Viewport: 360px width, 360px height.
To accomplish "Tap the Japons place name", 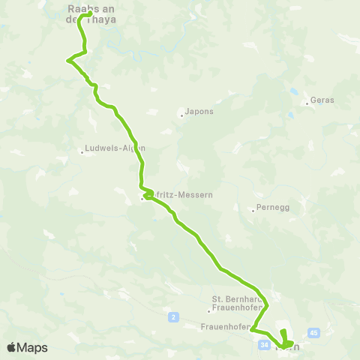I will click(x=198, y=112).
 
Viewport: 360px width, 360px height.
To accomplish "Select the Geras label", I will click(x=322, y=100).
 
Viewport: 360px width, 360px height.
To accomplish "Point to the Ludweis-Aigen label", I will click(x=115, y=148).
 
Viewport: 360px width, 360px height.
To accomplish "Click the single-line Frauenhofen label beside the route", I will click(x=224, y=326).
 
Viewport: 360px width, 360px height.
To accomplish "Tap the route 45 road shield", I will click(x=313, y=332).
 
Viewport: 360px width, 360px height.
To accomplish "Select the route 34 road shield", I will click(x=262, y=345).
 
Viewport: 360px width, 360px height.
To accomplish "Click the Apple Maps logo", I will click(x=27, y=347).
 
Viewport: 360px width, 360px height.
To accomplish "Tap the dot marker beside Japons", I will click(x=181, y=115).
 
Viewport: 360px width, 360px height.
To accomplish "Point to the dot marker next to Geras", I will click(x=307, y=103).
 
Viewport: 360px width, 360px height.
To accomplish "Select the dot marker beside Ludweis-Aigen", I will click(x=82, y=152).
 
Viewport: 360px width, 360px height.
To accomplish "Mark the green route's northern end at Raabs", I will click(x=90, y=13).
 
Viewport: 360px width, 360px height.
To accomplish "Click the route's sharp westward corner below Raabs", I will click(x=68, y=60).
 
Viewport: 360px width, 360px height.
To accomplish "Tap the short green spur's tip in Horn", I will click(x=282, y=331).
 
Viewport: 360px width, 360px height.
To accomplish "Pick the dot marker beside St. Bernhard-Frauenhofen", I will click(x=209, y=311).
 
